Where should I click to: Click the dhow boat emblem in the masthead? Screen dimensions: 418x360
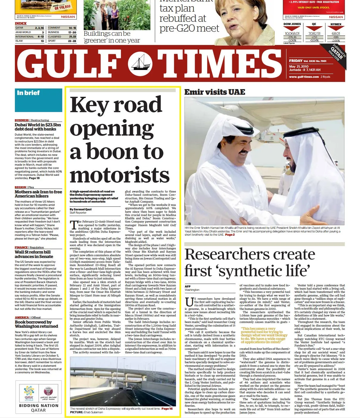click(140, 63)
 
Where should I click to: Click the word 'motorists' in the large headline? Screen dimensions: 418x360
click(119, 175)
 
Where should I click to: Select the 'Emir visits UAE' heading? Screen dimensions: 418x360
click(215, 92)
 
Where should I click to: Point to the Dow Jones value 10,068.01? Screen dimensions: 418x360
click(292, 34)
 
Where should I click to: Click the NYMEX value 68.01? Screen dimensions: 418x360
click(336, 34)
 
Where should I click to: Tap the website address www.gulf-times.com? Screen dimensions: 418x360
click(304, 77)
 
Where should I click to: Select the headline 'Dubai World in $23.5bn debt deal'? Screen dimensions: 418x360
click(38, 127)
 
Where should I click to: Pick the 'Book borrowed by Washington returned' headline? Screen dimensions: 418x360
click(36, 324)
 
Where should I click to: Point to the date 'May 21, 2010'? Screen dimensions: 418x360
click(299, 66)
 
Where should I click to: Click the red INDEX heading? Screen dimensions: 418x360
click(21, 23)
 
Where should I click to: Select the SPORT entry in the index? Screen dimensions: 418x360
click(52, 41)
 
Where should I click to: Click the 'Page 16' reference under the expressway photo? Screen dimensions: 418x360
click(167, 408)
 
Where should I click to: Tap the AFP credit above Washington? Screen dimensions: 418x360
click(188, 286)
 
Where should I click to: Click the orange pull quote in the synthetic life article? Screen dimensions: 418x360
click(263, 335)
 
